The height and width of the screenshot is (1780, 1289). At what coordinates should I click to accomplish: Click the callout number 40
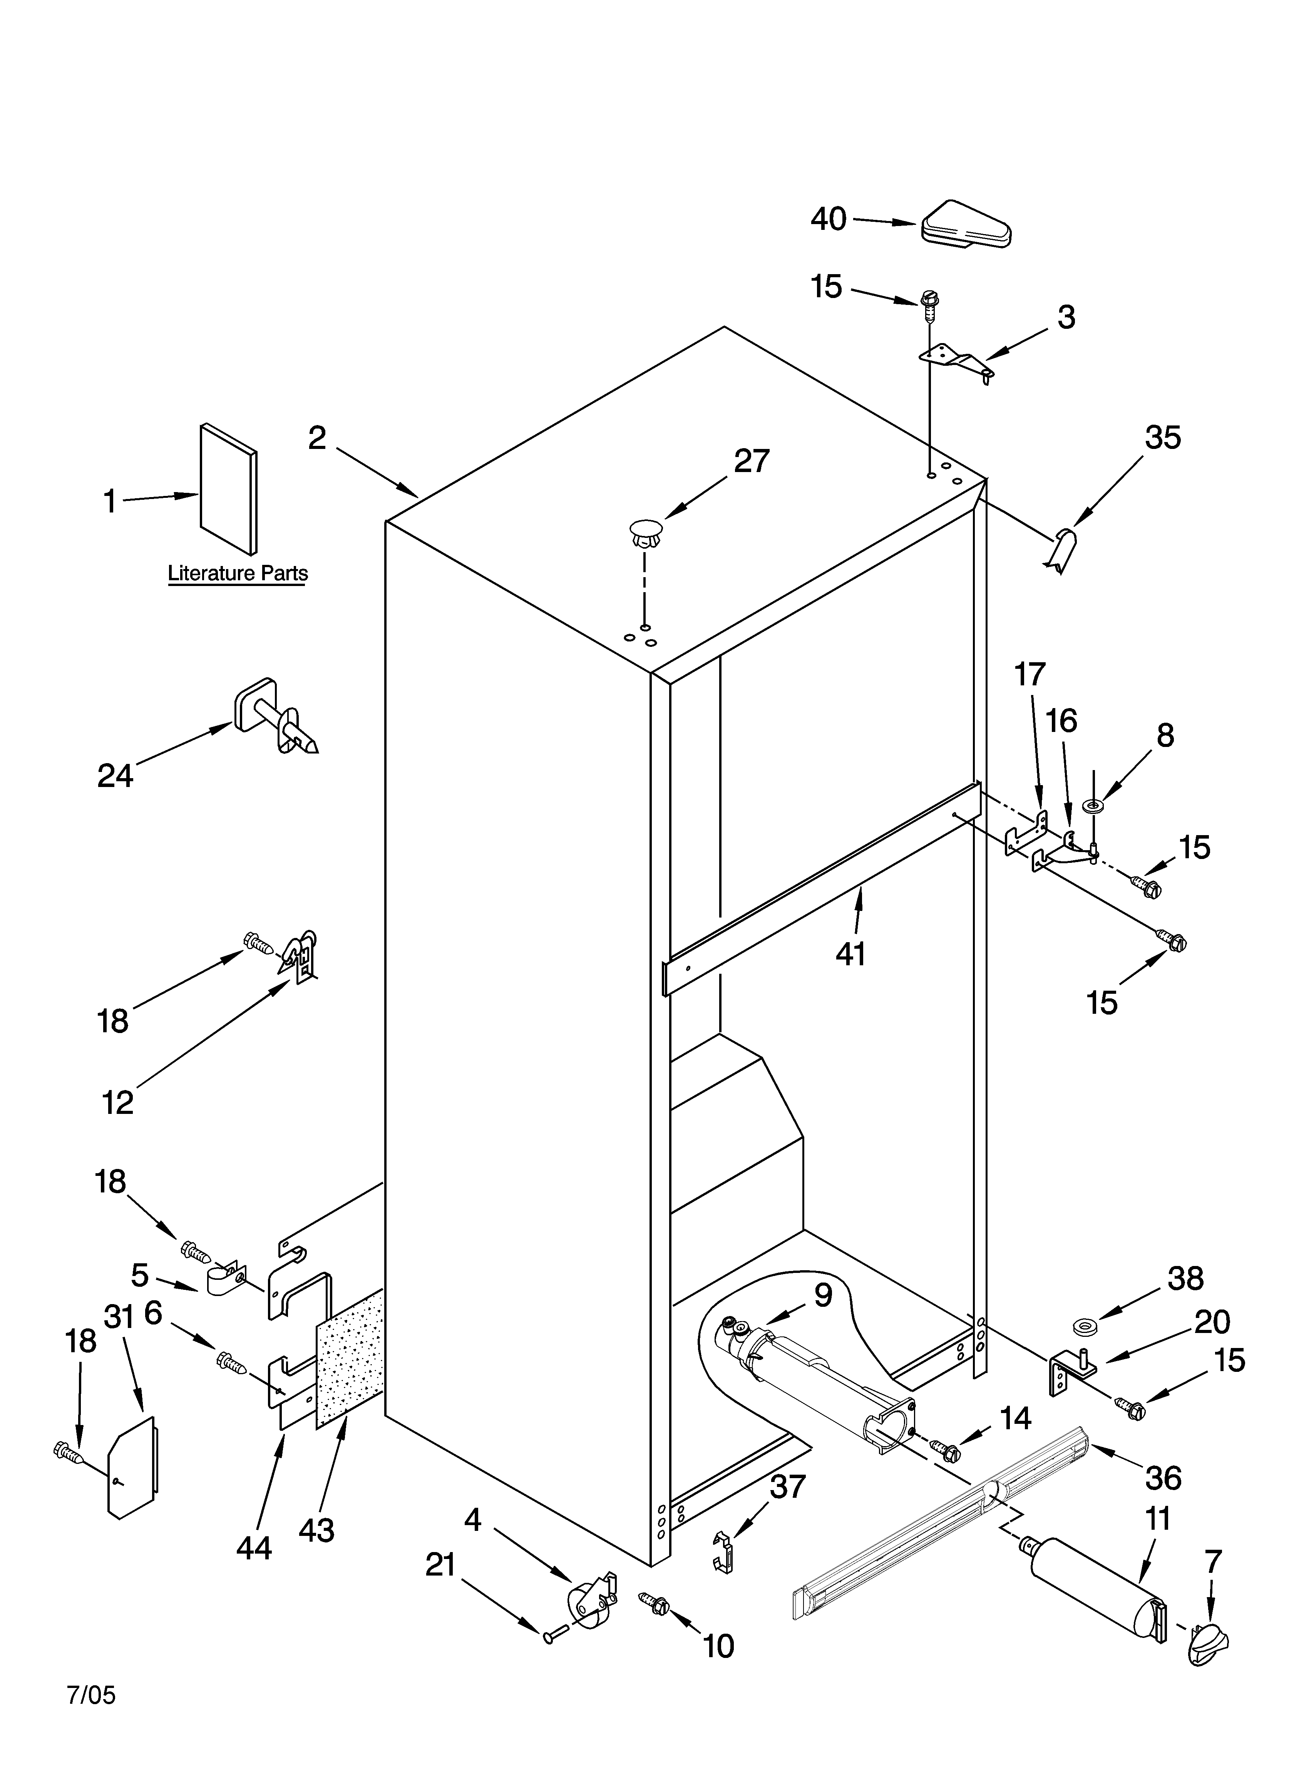point(828,219)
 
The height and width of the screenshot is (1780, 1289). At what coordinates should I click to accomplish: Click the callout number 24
point(116,776)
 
